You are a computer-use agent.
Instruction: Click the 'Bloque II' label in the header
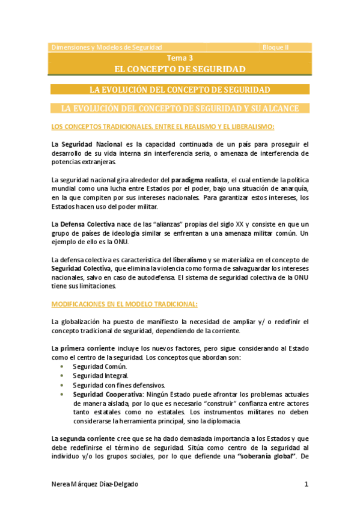pyautogui.click(x=275, y=47)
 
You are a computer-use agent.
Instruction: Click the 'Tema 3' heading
pyautogui.click(x=180, y=58)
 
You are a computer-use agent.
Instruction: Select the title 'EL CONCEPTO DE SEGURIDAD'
pyautogui.click(x=180, y=69)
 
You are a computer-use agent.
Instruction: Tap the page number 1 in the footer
pyautogui.click(x=306, y=484)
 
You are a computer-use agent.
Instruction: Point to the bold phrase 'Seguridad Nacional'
pyautogui.click(x=87, y=144)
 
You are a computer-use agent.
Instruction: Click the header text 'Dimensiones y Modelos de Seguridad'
pyautogui.click(x=106, y=47)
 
